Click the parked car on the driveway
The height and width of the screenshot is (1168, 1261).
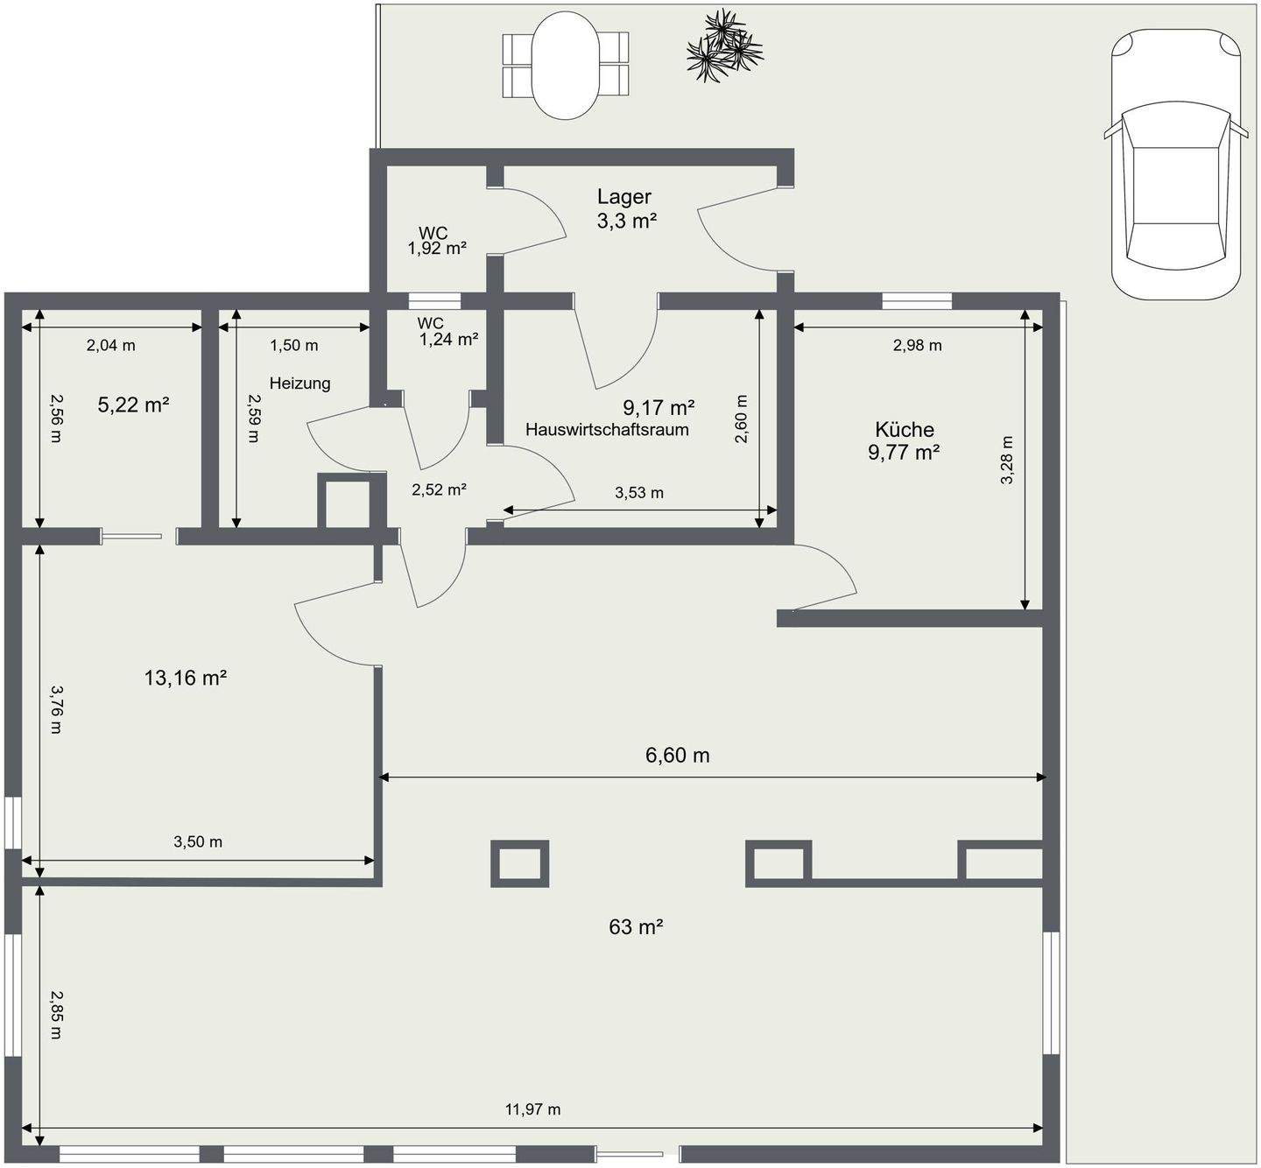(x=1177, y=164)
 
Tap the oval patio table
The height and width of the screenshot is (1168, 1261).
(x=565, y=66)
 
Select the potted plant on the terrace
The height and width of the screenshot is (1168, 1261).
(x=724, y=46)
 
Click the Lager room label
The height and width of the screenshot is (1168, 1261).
(x=624, y=197)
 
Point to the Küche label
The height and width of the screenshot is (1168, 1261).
(x=905, y=429)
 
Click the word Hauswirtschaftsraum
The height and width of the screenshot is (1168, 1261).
(x=607, y=429)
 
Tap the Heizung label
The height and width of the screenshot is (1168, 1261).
(x=299, y=383)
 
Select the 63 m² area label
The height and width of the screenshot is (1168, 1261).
(x=636, y=926)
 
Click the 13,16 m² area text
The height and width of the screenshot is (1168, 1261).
(x=186, y=678)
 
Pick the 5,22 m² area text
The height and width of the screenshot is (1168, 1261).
(x=133, y=405)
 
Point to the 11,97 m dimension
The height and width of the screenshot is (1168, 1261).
(x=532, y=1109)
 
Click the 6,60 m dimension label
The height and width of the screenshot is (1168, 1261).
(x=678, y=755)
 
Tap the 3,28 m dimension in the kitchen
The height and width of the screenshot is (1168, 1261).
(x=1007, y=460)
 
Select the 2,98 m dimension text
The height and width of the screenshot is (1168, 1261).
(x=918, y=346)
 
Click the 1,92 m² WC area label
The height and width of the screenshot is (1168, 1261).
(x=437, y=249)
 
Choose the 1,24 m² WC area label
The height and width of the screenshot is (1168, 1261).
(x=449, y=339)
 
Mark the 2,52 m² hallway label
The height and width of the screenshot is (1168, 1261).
(x=440, y=489)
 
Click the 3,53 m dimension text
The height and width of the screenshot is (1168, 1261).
(x=639, y=492)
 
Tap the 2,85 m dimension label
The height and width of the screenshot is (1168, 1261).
(x=57, y=1015)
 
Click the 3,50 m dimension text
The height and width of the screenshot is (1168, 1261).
(x=198, y=841)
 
